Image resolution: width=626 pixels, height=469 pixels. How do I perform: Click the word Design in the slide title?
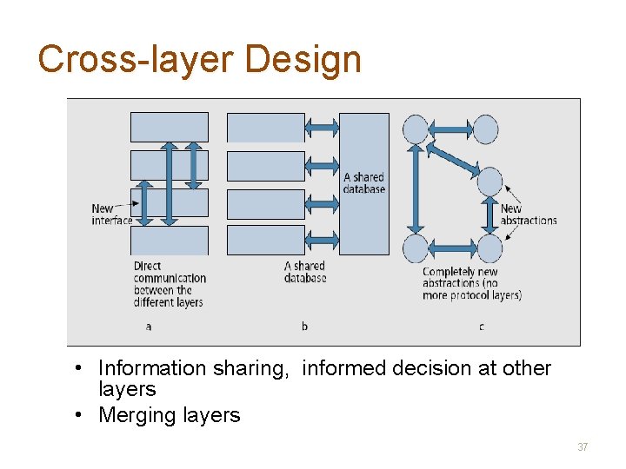[303, 59]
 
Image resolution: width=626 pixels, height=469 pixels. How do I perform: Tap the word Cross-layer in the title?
[137, 59]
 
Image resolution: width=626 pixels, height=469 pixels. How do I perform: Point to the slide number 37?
[583, 447]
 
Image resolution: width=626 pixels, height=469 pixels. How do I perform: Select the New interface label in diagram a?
[111, 215]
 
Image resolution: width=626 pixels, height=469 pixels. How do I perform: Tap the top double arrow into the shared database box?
[322, 128]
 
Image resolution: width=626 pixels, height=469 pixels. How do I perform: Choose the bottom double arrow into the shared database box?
[322, 241]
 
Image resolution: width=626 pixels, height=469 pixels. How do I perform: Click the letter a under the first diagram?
[149, 327]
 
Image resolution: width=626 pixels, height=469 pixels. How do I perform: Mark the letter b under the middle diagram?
[304, 327]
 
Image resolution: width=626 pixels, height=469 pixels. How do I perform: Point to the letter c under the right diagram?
[481, 327]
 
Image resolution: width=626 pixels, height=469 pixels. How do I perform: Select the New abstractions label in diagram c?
[528, 215]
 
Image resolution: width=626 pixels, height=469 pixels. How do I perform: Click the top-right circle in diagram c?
[485, 130]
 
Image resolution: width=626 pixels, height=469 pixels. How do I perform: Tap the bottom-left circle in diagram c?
[416, 248]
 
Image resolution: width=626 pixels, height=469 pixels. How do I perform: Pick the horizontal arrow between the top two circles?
[450, 130]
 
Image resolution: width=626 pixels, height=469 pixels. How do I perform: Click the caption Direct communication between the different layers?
[170, 284]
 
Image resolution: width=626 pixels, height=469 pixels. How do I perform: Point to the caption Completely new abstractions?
[471, 283]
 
